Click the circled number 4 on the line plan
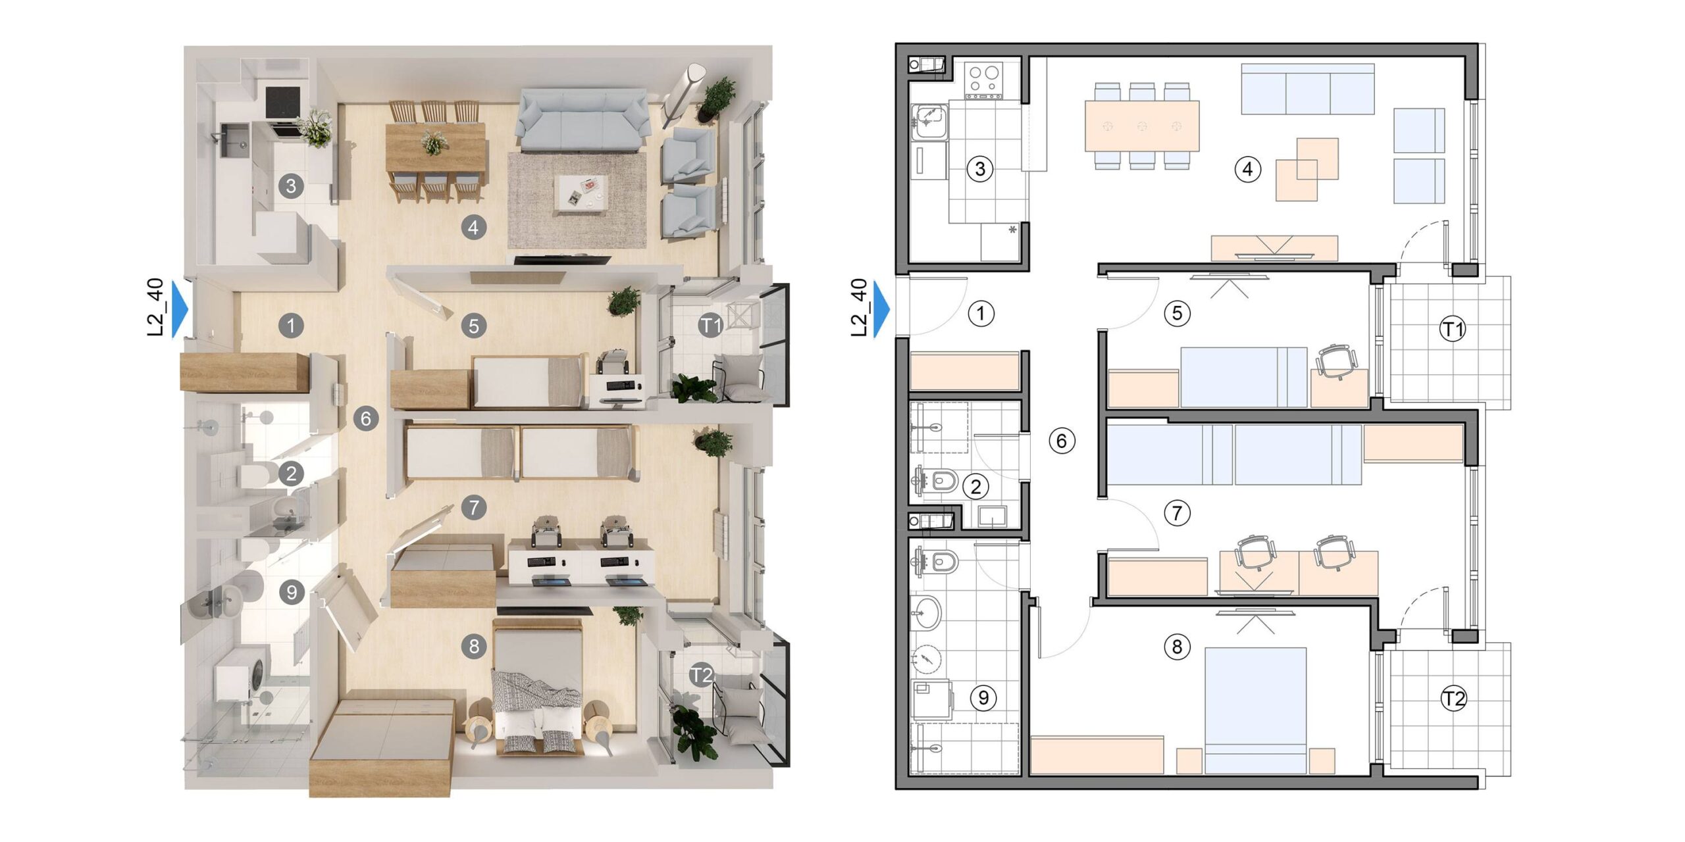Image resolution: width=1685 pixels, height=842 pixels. [x=1247, y=169]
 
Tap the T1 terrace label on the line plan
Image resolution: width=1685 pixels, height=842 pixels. [x=1453, y=329]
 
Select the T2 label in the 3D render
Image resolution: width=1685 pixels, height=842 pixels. [x=702, y=675]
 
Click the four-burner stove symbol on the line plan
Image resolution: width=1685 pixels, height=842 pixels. [x=983, y=80]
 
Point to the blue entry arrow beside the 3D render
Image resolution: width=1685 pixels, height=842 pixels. [x=180, y=309]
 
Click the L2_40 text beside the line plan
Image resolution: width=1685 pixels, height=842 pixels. [x=859, y=307]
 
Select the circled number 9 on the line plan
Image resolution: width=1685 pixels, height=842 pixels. [x=983, y=697]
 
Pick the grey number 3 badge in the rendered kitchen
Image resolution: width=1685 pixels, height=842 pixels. [x=291, y=186]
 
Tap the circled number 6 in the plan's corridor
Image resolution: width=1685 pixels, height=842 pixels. [x=1061, y=440]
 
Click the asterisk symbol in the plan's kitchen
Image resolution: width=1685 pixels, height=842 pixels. [x=1012, y=230]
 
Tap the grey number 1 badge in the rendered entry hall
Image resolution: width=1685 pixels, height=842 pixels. [x=291, y=325]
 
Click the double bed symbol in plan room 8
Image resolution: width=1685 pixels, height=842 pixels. [x=1255, y=710]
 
